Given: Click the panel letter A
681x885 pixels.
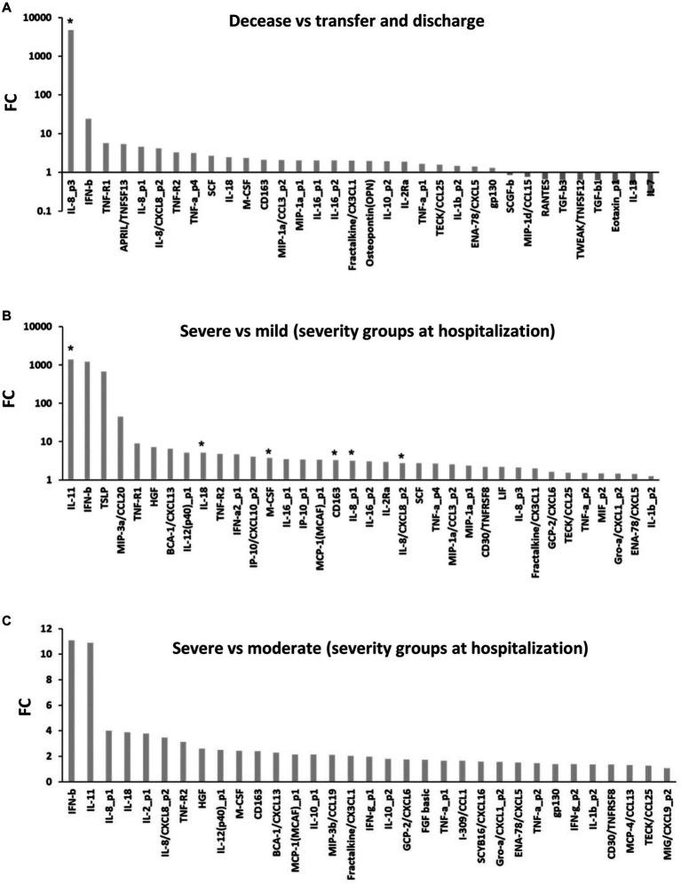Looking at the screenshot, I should click(x=8, y=8).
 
